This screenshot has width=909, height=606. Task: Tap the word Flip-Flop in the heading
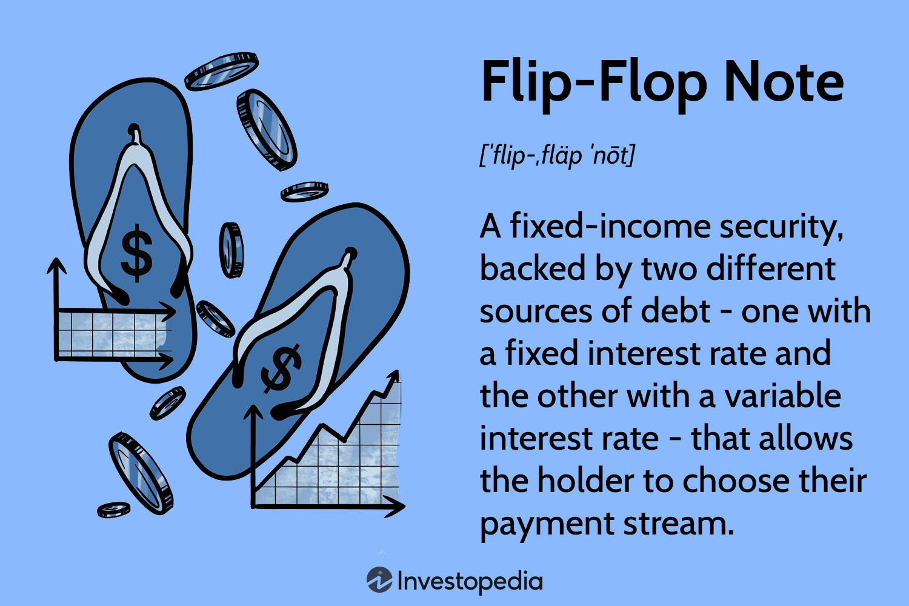click(593, 83)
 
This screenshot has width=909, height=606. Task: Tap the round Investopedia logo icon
click(379, 581)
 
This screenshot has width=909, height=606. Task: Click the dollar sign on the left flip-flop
click(136, 253)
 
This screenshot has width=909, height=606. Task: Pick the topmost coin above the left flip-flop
click(221, 71)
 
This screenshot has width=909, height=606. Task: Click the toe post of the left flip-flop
click(135, 135)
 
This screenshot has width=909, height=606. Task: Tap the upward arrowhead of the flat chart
click(57, 265)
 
